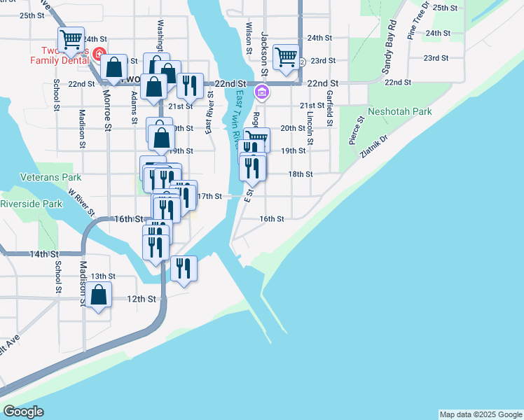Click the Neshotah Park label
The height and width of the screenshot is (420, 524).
[399, 111]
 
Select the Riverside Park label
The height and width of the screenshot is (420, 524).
[30, 204]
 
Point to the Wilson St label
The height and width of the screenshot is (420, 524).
[248, 38]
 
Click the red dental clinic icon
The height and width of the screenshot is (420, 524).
[99, 53]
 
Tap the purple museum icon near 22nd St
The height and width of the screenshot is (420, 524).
[261, 92]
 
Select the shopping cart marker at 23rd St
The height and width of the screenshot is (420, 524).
[286, 57]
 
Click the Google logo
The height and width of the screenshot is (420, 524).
[23, 412]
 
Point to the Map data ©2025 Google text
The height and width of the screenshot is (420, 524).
[480, 414]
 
